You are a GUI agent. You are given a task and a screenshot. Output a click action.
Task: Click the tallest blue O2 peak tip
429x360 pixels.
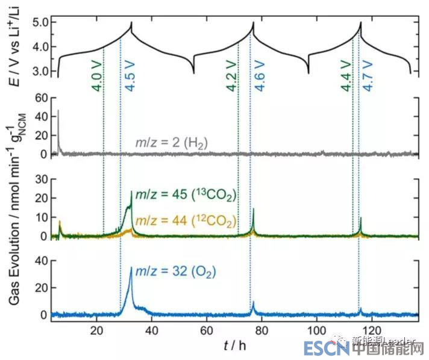click(x=131, y=268)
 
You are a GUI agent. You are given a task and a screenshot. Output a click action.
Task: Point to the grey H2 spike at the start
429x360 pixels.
click(x=58, y=111)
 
